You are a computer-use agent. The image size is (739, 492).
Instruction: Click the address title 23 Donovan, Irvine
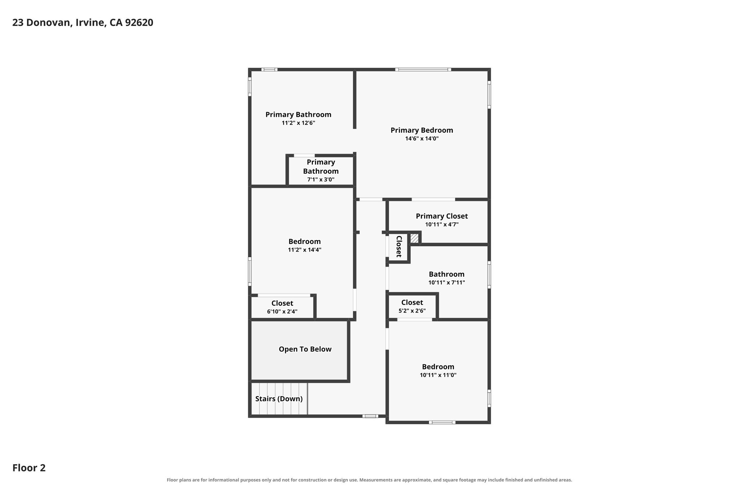(x=83, y=23)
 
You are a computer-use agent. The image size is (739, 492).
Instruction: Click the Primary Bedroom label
(x=422, y=130)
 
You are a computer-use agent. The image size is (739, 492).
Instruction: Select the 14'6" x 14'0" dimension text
(x=422, y=138)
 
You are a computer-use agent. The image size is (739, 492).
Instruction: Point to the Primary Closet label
(x=442, y=216)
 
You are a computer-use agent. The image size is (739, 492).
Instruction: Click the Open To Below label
(x=305, y=349)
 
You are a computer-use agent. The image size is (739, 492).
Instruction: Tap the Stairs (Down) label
(x=279, y=399)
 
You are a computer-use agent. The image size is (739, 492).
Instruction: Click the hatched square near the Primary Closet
(x=414, y=238)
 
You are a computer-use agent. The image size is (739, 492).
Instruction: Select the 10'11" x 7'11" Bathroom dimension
(x=447, y=283)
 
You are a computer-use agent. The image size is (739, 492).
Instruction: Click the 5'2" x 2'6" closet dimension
(x=412, y=311)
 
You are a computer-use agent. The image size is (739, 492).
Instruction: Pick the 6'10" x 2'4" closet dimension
(x=282, y=311)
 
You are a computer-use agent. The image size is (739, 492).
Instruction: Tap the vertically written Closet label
(x=399, y=247)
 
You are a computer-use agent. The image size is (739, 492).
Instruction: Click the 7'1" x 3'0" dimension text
(x=321, y=179)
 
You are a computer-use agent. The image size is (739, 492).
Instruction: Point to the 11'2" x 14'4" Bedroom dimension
(x=305, y=250)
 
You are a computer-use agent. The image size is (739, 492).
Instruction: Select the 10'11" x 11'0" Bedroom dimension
(x=438, y=375)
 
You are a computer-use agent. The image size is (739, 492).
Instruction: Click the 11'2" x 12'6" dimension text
(x=298, y=123)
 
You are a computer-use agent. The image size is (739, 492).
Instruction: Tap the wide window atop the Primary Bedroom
(x=423, y=70)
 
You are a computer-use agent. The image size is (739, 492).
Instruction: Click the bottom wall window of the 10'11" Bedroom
(x=442, y=422)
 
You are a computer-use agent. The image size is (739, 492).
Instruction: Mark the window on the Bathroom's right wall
(x=489, y=275)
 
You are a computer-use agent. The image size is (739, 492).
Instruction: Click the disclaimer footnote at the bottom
(x=369, y=480)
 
